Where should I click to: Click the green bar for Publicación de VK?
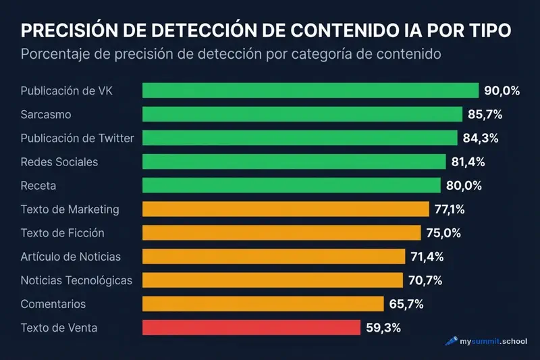[x=310, y=91]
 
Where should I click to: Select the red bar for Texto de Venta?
[x=251, y=328]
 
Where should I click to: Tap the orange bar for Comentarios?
[x=263, y=304]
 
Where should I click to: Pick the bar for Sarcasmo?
[x=302, y=114]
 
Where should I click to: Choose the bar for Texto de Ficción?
[x=281, y=233]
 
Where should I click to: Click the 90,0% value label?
[x=502, y=91]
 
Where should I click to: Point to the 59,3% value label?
[x=383, y=328]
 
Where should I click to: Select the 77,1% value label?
[x=450, y=209]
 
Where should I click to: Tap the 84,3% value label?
[x=481, y=138]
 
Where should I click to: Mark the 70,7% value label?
[x=425, y=280]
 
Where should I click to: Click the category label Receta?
[x=38, y=186]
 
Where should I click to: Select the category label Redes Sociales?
[x=59, y=162]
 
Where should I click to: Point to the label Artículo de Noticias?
[x=71, y=257]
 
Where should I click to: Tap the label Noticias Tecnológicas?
[x=76, y=280]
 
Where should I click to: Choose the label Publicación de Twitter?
[x=78, y=138]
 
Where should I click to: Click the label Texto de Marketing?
[x=70, y=209]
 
